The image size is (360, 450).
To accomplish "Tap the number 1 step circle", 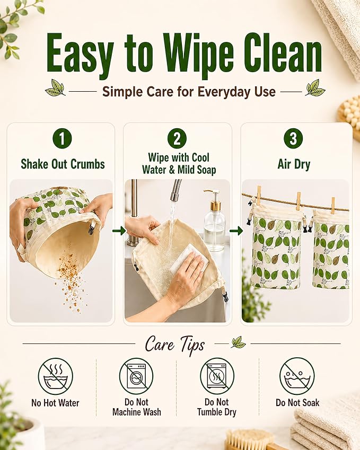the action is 62,138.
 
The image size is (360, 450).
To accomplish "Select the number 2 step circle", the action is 177,138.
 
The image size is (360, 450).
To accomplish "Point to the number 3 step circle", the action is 293,138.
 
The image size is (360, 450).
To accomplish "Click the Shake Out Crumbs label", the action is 63,164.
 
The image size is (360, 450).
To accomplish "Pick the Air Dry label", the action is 294,164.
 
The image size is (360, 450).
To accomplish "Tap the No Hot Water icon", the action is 56,376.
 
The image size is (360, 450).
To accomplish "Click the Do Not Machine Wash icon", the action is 136,376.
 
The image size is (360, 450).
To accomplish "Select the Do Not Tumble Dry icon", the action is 217,376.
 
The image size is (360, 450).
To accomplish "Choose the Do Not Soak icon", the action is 297,376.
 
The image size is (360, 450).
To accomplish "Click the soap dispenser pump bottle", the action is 214,221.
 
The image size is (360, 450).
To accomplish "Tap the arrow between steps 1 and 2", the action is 119,231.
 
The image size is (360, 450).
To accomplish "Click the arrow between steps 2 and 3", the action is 236,231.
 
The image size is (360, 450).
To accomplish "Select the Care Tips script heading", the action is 175,345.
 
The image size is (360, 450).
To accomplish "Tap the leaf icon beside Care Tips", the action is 238,342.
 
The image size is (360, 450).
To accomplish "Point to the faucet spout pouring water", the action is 175,190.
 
